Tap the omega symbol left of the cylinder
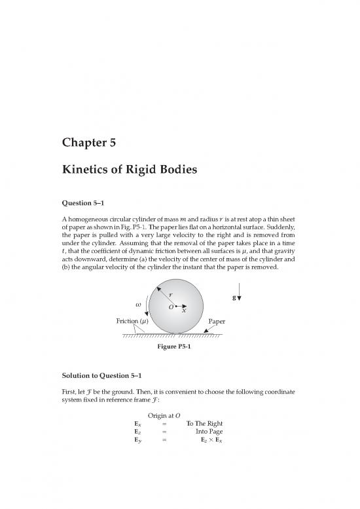click(137, 304)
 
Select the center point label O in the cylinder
click(169, 307)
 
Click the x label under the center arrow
click(184, 311)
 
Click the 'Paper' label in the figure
click(217, 322)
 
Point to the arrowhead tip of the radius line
click(157, 287)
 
